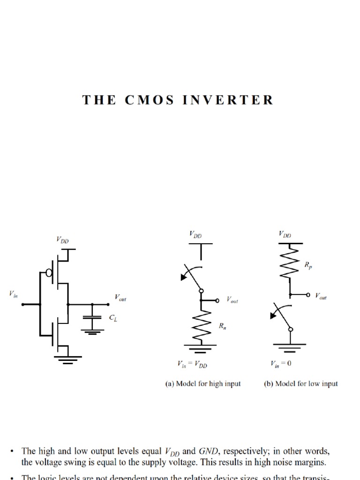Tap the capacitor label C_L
pyautogui.click(x=113, y=318)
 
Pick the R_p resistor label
pyautogui.click(x=308, y=265)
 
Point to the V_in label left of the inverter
pyautogui.click(x=12, y=294)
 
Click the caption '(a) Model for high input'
pyautogui.click(x=202, y=383)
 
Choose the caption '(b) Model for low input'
pyautogui.click(x=300, y=383)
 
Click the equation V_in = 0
pyautogui.click(x=281, y=364)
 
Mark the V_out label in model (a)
pyautogui.click(x=232, y=300)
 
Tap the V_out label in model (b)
pyautogui.click(x=321, y=296)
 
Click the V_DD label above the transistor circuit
pyautogui.click(x=62, y=240)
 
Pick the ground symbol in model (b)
pyautogui.click(x=291, y=347)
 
